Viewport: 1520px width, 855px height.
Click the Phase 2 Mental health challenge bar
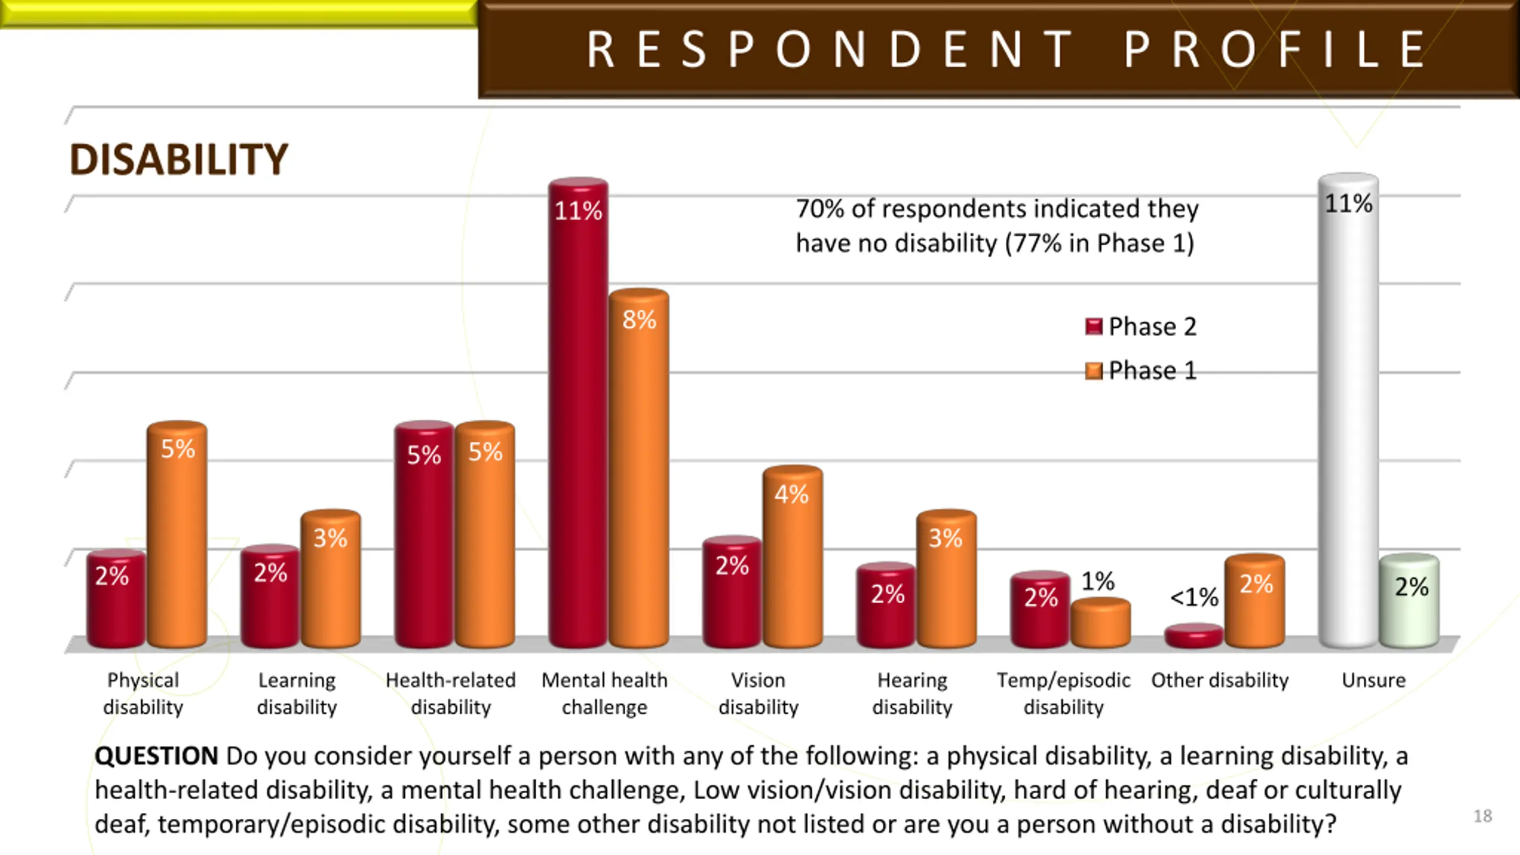point(578,416)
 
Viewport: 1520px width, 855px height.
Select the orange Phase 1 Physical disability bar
point(177,534)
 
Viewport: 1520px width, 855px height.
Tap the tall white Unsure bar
point(1348,416)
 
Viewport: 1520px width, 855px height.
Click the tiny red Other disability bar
point(1193,635)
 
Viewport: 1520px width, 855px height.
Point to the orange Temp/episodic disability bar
point(1100,623)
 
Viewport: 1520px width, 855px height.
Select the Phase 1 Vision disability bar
point(793,558)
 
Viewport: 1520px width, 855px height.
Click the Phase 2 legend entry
point(1141,327)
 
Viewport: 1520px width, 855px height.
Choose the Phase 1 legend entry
point(1141,370)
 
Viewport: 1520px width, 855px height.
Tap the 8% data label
point(639,320)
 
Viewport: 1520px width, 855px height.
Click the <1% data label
point(1193,597)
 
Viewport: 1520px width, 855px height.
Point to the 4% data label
point(791,494)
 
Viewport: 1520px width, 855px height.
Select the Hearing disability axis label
point(912,693)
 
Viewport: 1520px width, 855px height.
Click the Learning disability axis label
point(297,693)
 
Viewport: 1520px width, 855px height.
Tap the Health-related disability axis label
point(451,693)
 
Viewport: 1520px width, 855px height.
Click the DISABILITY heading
point(178,160)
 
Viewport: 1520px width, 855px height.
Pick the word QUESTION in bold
point(156,756)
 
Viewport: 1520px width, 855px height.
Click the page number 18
point(1482,816)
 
